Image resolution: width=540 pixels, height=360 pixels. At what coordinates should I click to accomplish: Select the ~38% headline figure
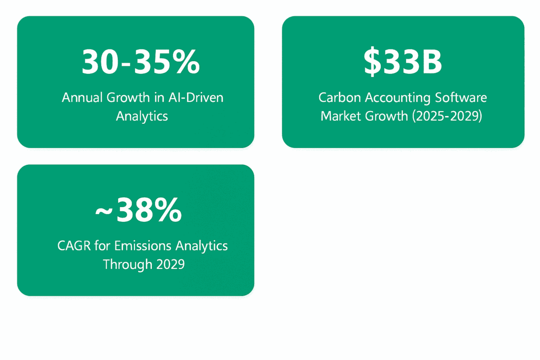coord(139,210)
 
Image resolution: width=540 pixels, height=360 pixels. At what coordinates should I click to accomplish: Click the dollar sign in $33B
coord(372,62)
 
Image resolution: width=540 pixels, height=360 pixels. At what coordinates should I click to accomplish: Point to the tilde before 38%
coord(104,211)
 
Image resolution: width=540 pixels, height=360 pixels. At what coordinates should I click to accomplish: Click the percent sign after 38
coord(167,210)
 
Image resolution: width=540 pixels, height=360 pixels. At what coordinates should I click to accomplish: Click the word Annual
coord(82,98)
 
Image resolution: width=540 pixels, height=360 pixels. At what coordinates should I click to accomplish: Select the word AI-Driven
coord(196,98)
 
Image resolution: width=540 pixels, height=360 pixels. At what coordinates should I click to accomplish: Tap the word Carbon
coord(340,98)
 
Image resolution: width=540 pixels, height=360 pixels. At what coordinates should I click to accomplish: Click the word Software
coord(461,98)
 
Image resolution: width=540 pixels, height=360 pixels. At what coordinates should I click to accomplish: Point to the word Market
coord(341,116)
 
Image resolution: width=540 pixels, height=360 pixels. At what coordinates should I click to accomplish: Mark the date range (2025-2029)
coord(447,116)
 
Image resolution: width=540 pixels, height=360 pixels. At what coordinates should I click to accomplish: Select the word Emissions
coord(143,246)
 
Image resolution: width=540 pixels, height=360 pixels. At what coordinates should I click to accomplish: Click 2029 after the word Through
coord(170,264)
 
